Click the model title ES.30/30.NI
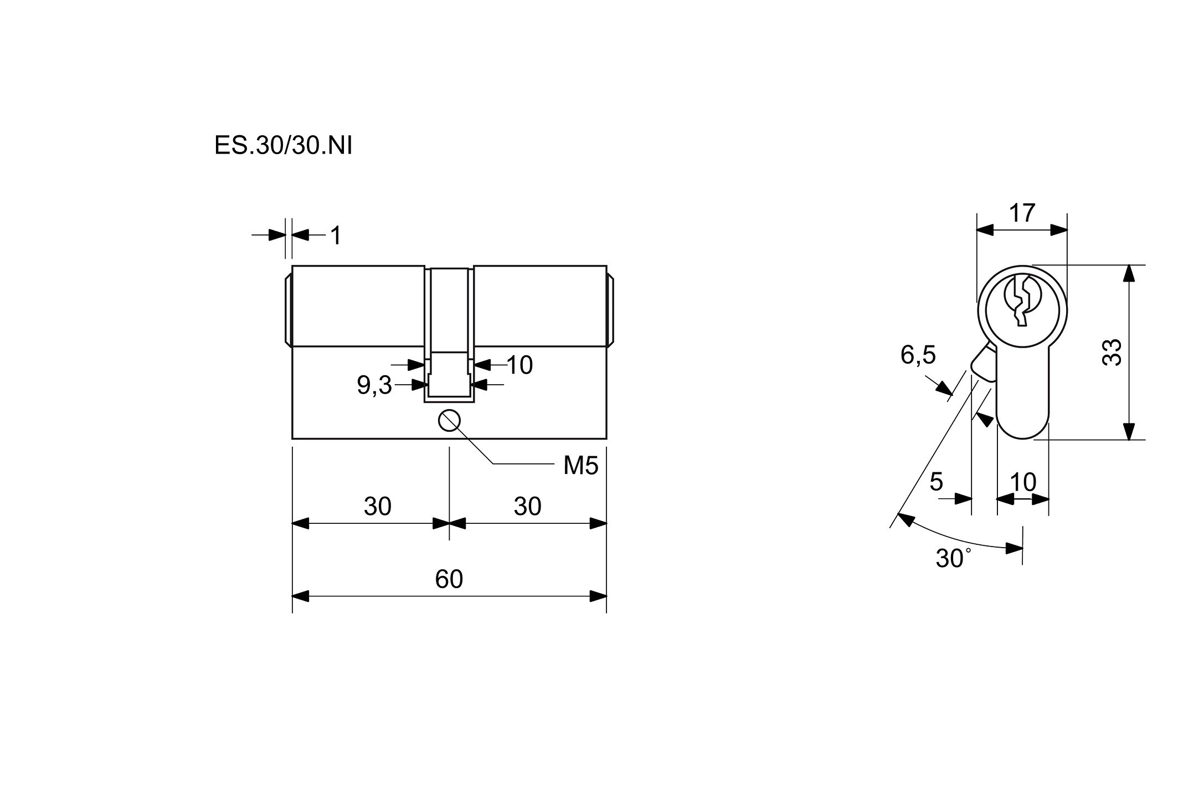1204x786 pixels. [283, 146]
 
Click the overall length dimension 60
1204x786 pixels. [449, 579]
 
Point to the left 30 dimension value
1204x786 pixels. [378, 506]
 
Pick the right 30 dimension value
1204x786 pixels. [527, 506]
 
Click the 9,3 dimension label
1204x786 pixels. [374, 385]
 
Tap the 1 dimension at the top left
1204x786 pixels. [336, 236]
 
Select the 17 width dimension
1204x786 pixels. [1022, 213]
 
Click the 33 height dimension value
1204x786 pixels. [1112, 352]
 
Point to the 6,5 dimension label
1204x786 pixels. [918, 355]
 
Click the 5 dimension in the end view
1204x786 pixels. [936, 482]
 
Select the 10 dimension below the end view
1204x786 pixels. [1023, 482]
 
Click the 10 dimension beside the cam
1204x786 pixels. [519, 365]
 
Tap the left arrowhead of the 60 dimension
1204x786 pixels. [300, 596]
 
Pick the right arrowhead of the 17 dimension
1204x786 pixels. [1059, 230]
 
